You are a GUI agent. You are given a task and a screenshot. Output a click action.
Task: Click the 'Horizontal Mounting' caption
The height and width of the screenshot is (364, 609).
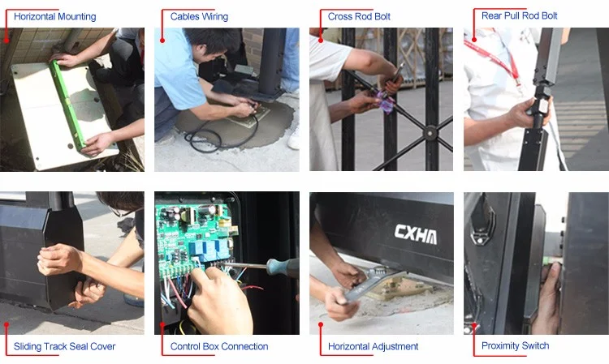[x=54, y=17]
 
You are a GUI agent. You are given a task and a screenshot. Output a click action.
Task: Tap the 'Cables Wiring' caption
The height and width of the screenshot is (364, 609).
[x=199, y=17]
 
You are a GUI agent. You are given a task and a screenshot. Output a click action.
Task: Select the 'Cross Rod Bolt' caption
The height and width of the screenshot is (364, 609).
[x=359, y=17]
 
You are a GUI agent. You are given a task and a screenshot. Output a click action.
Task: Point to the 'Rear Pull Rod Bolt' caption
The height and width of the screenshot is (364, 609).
[x=520, y=16]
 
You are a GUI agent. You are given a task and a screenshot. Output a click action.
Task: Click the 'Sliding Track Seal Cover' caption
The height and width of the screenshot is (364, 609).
[x=64, y=346]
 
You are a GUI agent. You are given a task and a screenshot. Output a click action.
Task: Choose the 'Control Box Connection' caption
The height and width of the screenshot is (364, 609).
[x=219, y=346]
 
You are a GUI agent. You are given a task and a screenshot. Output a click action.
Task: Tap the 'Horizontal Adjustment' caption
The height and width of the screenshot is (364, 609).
[x=373, y=346]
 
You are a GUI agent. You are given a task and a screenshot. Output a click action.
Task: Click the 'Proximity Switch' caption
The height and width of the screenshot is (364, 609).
[x=515, y=345]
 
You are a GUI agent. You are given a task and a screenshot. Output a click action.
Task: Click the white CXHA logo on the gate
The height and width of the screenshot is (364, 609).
[x=416, y=233]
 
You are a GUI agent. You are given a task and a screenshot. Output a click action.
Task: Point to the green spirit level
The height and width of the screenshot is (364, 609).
[x=67, y=104]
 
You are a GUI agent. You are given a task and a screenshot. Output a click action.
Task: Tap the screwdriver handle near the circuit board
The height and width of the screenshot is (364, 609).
[x=283, y=267]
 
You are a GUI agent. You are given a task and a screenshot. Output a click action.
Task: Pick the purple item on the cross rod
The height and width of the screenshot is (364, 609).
[x=387, y=101]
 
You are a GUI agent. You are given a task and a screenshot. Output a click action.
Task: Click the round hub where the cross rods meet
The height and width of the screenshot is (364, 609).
[x=430, y=133]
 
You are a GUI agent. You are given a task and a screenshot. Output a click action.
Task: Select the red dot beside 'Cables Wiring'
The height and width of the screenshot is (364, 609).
[x=162, y=41]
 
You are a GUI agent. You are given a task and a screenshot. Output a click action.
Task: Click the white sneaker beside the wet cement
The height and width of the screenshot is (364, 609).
[x=294, y=138]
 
